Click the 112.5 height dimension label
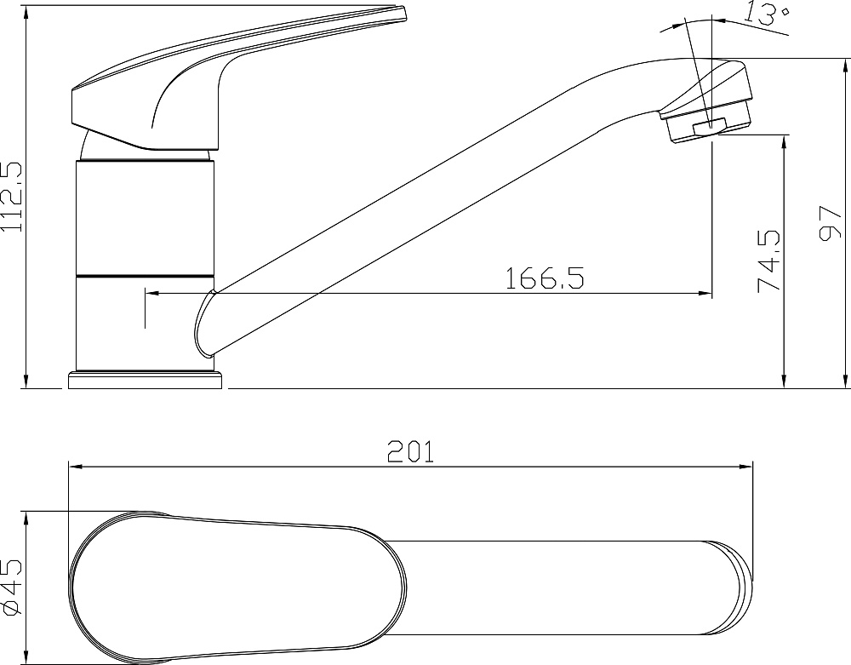pos(11,197)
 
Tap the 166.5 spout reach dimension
pos(545,278)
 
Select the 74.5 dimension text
pos(769,261)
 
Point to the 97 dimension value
pos(830,222)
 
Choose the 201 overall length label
pos(411,451)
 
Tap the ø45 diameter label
pos(12,588)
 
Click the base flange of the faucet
pos(146,380)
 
